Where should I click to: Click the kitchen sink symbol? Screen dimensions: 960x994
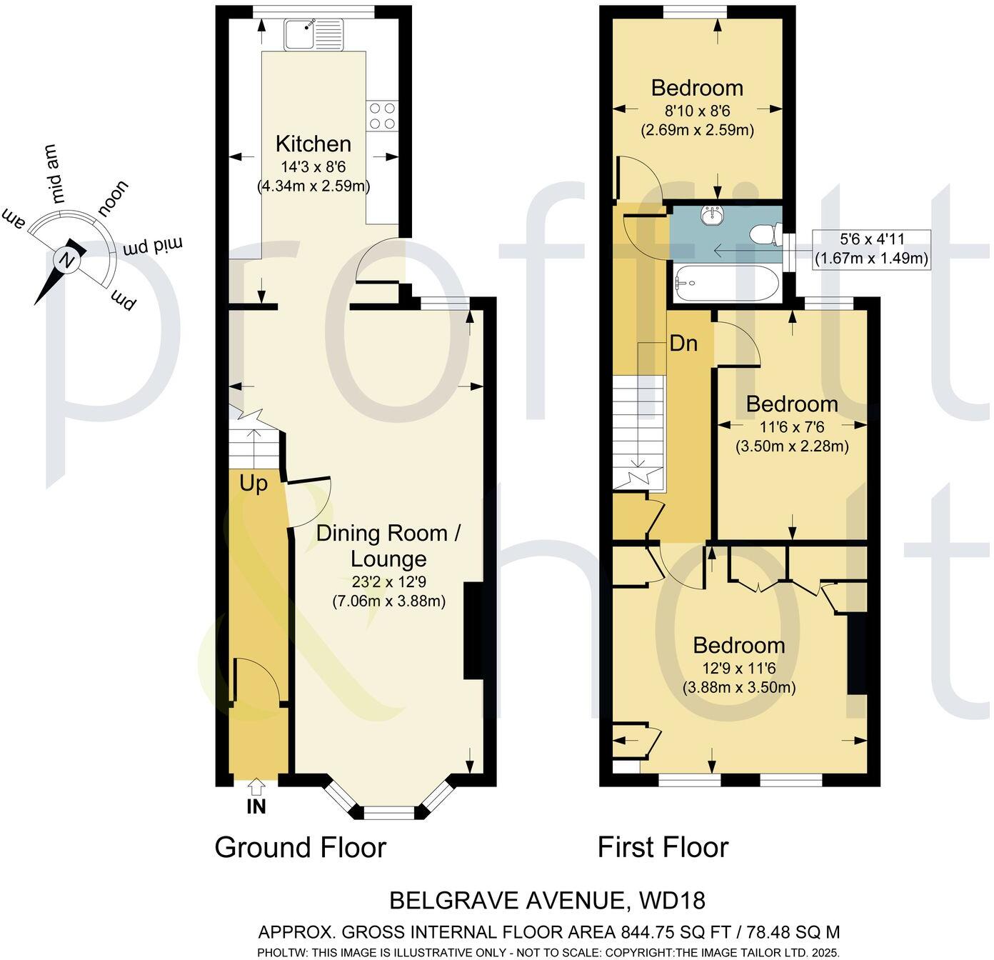pyautogui.click(x=313, y=34)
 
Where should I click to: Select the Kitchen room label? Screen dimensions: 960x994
pyautogui.click(x=313, y=144)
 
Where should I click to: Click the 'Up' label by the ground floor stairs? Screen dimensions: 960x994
pyautogui.click(x=253, y=484)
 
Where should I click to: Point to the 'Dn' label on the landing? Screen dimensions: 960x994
pyautogui.click(x=683, y=344)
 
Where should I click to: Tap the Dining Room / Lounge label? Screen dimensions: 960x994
pyautogui.click(x=391, y=546)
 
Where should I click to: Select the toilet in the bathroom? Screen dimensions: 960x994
pyautogui.click(x=765, y=234)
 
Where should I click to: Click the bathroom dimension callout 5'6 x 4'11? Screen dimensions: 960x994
pyautogui.click(x=871, y=249)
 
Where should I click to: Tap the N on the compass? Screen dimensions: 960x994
pyautogui.click(x=69, y=260)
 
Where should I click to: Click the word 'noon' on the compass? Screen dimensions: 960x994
pyautogui.click(x=114, y=198)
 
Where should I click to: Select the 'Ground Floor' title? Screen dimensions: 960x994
pyautogui.click(x=300, y=848)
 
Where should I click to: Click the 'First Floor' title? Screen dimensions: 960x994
pyautogui.click(x=663, y=848)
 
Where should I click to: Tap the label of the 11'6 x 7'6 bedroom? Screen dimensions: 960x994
pyautogui.click(x=792, y=404)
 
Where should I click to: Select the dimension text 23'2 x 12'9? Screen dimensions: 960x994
pyautogui.click(x=389, y=581)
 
